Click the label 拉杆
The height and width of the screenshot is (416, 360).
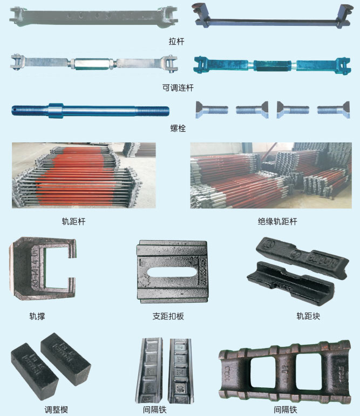tap(176, 42)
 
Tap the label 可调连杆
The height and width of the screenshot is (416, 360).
tap(178, 88)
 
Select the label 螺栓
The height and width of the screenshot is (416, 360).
tap(178, 128)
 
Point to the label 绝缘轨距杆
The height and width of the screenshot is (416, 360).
tap(277, 222)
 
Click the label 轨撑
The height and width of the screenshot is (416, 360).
tap(37, 316)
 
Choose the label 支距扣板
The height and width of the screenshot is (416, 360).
tap(168, 316)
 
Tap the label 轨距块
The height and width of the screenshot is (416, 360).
tap(308, 316)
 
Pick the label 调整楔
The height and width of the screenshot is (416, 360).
tap(56, 410)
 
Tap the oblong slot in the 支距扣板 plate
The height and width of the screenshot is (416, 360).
tap(168, 273)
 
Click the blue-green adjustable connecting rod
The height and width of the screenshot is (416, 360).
tap(272, 65)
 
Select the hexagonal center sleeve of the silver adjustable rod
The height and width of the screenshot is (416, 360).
tap(92, 64)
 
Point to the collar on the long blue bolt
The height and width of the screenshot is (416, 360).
tap(56, 110)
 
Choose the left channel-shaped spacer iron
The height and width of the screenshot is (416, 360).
tap(149, 371)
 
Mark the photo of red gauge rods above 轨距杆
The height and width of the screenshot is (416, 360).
tap(84, 175)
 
